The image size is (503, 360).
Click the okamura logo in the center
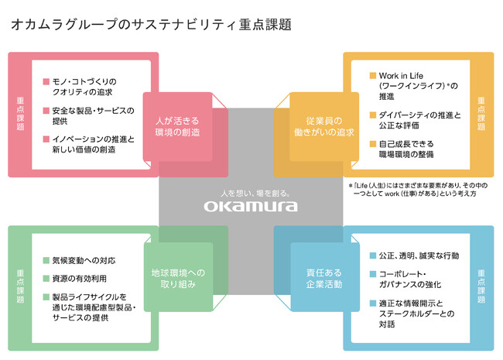point(251,206)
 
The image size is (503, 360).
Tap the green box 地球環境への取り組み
point(178,278)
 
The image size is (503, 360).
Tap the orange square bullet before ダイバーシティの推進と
point(373,115)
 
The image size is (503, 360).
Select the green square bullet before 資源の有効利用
point(46,276)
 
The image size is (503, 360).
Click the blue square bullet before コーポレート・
point(373,275)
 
